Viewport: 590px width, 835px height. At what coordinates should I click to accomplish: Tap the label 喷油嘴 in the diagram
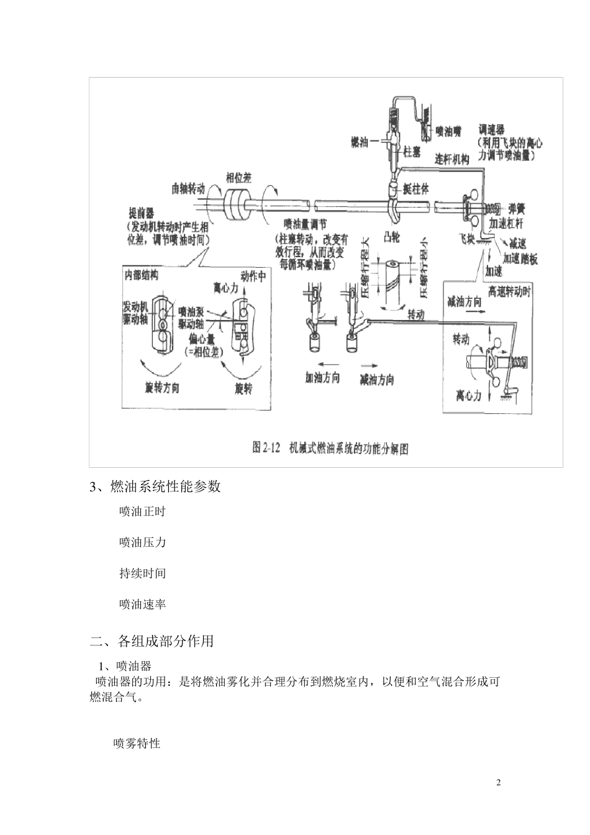(448, 131)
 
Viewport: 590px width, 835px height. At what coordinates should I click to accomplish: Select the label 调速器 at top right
(491, 130)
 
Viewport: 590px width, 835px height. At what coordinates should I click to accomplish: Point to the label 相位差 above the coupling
(238, 177)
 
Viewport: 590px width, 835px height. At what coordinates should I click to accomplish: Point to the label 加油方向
(322, 377)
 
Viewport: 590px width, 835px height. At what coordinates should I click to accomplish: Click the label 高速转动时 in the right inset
(509, 290)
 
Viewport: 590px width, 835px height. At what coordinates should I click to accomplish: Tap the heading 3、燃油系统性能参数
(155, 486)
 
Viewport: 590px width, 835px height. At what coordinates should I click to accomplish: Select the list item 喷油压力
(142, 542)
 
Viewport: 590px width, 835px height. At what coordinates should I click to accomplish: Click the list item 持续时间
(142, 573)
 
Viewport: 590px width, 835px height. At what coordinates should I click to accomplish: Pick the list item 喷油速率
(142, 604)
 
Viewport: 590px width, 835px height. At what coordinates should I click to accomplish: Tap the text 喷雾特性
(137, 743)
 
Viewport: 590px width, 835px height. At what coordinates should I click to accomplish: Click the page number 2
(498, 782)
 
